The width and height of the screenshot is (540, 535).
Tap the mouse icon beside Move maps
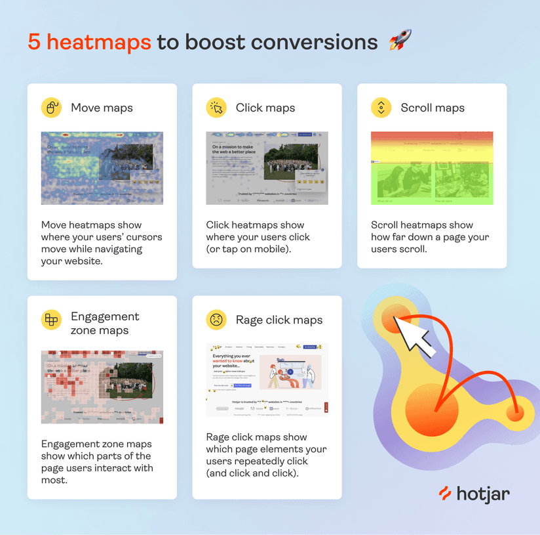(x=51, y=108)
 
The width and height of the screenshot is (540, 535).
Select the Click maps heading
(x=265, y=108)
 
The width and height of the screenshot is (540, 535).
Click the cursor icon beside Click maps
(x=216, y=108)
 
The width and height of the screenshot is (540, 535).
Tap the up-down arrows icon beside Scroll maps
(x=381, y=108)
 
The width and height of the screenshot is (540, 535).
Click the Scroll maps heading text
(x=432, y=108)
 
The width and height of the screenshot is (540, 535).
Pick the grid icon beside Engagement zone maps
(x=51, y=320)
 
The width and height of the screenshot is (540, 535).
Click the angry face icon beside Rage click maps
(x=216, y=320)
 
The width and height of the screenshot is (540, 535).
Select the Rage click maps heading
(x=279, y=320)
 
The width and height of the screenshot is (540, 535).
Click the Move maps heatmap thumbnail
(x=102, y=168)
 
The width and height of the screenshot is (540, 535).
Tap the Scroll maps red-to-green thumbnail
(x=432, y=168)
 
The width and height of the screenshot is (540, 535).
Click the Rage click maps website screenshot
(x=267, y=380)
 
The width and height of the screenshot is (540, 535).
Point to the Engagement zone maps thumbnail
(x=102, y=387)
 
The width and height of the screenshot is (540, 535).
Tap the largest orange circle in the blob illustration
(x=432, y=410)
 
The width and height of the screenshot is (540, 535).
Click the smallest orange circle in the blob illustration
(x=515, y=413)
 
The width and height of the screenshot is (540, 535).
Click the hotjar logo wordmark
(x=473, y=494)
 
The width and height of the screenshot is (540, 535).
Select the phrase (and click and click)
(x=252, y=473)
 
